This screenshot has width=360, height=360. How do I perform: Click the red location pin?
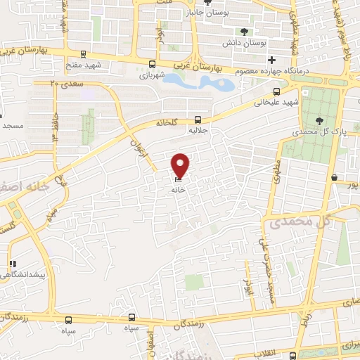pyautogui.click(x=181, y=165)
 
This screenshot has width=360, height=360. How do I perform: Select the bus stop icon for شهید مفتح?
pyautogui.click(x=84, y=54)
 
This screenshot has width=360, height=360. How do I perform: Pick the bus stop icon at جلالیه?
pyautogui.click(x=198, y=120)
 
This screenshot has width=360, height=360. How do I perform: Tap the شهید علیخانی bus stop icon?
pyautogui.click(x=276, y=91)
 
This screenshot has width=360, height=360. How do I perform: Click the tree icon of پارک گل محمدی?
pyautogui.click(x=320, y=121)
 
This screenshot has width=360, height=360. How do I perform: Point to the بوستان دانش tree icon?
pyautogui.click(x=244, y=32)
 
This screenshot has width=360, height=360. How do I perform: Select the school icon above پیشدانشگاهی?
pyautogui.click(x=12, y=264)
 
